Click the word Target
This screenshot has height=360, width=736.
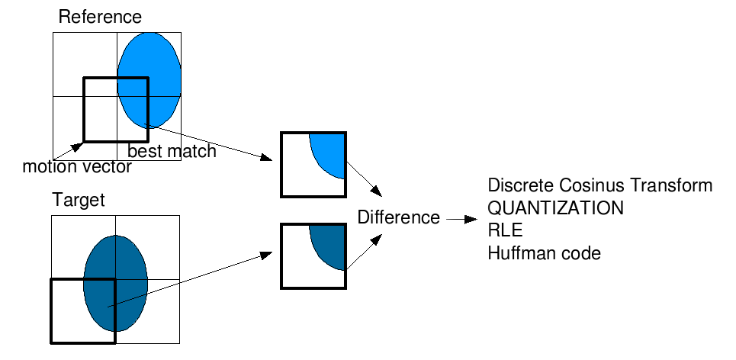click(x=78, y=201)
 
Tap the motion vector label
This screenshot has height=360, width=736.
click(x=77, y=167)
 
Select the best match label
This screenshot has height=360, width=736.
click(x=172, y=152)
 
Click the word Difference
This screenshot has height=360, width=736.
click(x=399, y=218)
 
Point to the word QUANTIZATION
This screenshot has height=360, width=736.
click(x=555, y=208)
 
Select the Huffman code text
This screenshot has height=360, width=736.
click(x=544, y=253)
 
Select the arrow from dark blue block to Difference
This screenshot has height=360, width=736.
click(x=364, y=252)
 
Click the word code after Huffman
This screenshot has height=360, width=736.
click(x=583, y=253)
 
